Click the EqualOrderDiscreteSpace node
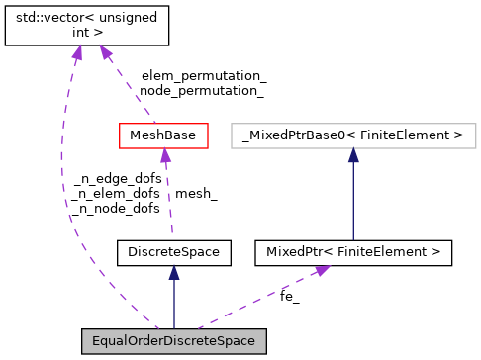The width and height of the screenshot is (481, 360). pos(173,341)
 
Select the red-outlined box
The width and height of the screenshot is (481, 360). pos(163,135)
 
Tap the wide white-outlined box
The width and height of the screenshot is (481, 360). pos(353,135)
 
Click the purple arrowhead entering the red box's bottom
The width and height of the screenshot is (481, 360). pos(166,155)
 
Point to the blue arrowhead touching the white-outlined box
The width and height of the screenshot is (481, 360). pos(353,155)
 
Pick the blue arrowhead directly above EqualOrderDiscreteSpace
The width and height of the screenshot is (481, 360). pos(174,272)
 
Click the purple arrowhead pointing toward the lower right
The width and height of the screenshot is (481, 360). pos(322,269)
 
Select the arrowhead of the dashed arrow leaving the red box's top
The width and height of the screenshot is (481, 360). pos(105,51)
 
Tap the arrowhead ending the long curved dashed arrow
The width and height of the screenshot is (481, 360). pos(77,51)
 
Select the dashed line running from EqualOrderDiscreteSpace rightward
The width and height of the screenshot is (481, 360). pos(257,299)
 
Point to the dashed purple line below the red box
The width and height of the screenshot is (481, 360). pos(168,198)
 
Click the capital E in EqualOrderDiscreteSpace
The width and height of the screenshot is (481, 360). pos(96,341)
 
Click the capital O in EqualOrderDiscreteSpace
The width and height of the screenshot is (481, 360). pos(132,341)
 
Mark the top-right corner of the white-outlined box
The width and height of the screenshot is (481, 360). pos(476,124)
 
